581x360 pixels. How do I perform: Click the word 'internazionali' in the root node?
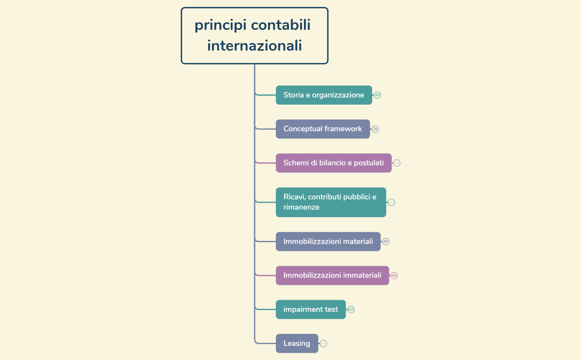pyautogui.click(x=254, y=45)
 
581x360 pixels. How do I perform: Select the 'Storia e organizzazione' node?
pyautogui.click(x=323, y=95)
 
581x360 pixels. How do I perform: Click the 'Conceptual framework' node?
pyautogui.click(x=322, y=129)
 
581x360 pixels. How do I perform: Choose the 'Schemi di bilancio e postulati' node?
pyautogui.click(x=333, y=163)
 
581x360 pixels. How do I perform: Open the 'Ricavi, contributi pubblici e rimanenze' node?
pyautogui.click(x=331, y=202)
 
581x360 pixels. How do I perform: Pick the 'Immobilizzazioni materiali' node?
pyautogui.click(x=328, y=241)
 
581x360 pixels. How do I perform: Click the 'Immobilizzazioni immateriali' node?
pyautogui.click(x=332, y=275)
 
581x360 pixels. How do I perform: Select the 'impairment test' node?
pyautogui.click(x=310, y=310)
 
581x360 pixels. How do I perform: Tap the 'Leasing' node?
pyautogui.click(x=297, y=343)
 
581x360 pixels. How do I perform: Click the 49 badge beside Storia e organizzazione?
pyautogui.click(x=377, y=95)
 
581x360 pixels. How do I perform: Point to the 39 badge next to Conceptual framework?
pyautogui.click(x=375, y=129)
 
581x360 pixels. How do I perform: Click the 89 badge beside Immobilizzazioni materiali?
pyautogui.click(x=386, y=241)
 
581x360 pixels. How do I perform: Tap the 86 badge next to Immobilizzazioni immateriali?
pyautogui.click(x=394, y=275)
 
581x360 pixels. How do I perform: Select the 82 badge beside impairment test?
pyautogui.click(x=351, y=310)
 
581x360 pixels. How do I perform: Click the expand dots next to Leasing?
pyautogui.click(x=323, y=343)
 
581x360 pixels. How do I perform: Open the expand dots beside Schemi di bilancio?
pyautogui.click(x=397, y=163)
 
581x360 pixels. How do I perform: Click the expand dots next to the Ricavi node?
pyautogui.click(x=391, y=202)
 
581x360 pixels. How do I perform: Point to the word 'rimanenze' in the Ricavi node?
pyautogui.click(x=301, y=207)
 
